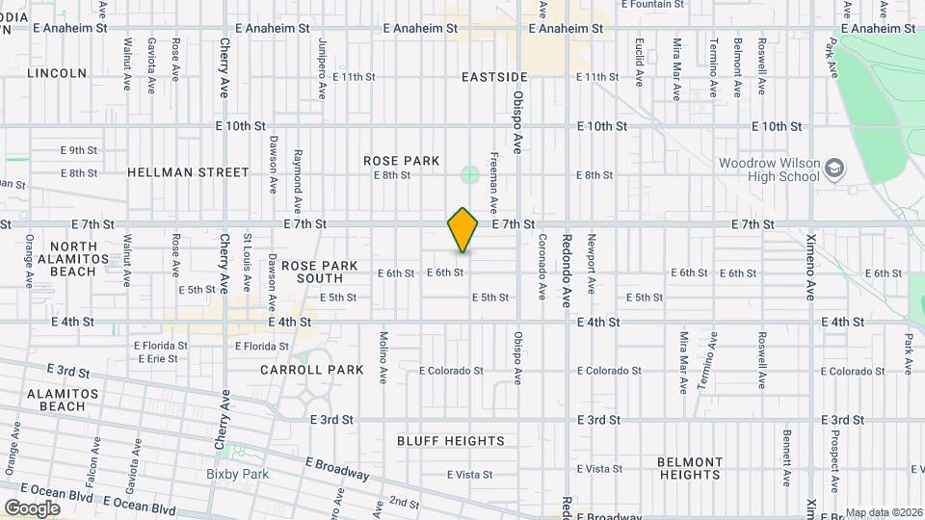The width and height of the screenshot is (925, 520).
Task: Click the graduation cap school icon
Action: click(x=833, y=170)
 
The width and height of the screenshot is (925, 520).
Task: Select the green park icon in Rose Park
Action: click(x=469, y=174)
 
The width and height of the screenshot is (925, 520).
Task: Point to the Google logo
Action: click(x=32, y=507)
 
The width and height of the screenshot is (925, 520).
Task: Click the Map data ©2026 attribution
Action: click(x=884, y=512)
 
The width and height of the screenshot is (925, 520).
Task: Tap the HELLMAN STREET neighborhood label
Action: click(x=188, y=172)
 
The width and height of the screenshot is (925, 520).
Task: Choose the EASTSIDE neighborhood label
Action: click(x=494, y=77)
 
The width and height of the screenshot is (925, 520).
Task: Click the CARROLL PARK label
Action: click(x=312, y=370)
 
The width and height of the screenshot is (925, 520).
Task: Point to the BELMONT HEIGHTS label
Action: click(x=690, y=468)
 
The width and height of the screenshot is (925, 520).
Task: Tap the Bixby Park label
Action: click(x=237, y=474)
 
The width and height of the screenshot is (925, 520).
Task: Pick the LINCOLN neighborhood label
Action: click(x=57, y=73)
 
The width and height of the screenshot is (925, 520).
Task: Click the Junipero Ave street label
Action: click(x=321, y=69)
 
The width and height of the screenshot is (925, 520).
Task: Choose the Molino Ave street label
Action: click(x=383, y=356)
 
